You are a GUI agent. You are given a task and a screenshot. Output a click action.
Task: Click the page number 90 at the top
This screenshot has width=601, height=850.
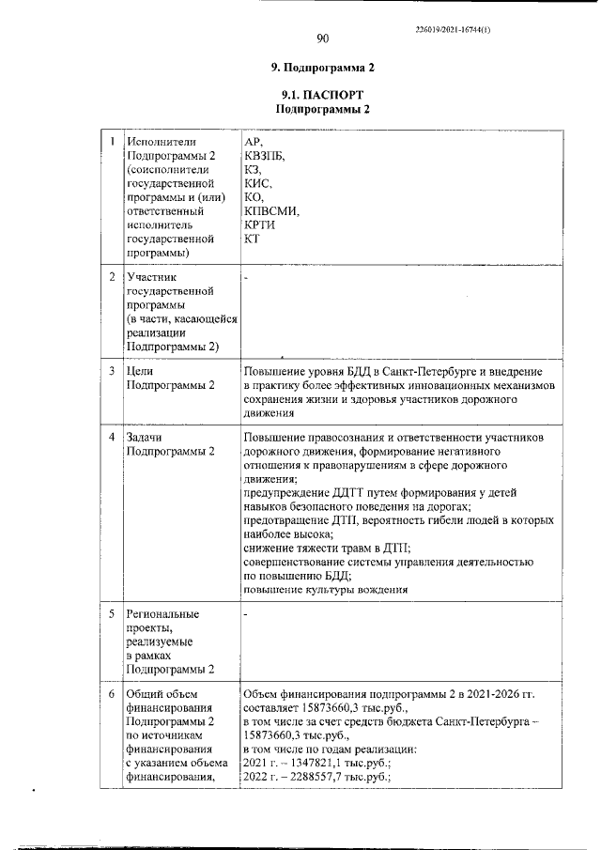pos(322,39)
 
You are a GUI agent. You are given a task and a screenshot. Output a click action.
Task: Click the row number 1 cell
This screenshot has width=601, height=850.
pos(111,142)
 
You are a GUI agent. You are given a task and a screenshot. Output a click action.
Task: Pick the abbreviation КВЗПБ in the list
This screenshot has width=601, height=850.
pos(262,155)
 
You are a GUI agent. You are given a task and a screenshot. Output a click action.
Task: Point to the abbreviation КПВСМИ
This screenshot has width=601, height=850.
pos(270,211)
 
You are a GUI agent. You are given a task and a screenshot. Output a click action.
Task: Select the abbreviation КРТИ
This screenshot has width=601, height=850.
pos(259,225)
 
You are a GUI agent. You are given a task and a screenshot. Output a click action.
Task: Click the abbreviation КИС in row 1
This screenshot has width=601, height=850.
pos(256,183)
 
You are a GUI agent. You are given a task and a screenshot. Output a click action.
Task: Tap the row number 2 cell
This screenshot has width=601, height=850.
pos(111,277)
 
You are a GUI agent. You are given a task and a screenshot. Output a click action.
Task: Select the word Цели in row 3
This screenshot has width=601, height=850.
pos(140,371)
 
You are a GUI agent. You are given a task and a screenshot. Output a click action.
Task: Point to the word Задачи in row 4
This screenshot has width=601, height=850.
pos(146,438)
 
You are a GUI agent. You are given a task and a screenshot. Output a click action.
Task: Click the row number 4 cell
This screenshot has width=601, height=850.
pos(111,438)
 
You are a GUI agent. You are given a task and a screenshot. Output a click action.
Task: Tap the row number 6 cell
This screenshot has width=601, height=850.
pos(111,693)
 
